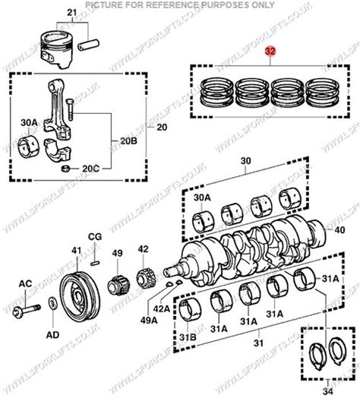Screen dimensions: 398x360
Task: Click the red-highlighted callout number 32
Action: click(270, 53)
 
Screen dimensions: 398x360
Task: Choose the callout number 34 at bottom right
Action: click(329, 391)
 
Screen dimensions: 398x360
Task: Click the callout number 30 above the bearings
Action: click(245, 162)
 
